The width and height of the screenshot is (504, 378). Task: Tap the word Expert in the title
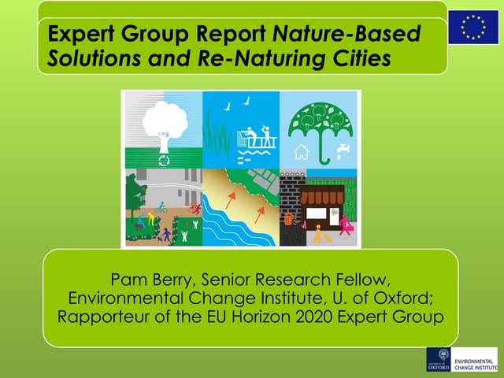click(76, 35)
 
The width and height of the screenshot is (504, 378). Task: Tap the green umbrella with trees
click(320, 126)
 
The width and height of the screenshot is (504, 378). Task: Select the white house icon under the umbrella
click(302, 152)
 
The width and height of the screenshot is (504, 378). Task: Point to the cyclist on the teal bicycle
click(161, 208)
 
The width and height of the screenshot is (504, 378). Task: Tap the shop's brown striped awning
click(323, 196)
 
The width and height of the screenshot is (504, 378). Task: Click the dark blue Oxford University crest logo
click(439, 358)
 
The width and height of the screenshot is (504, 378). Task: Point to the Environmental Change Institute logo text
click(476, 359)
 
